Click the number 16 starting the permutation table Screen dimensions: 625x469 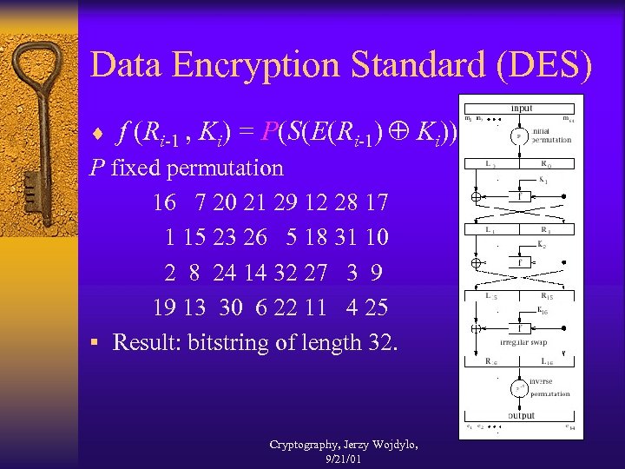[x=163, y=202]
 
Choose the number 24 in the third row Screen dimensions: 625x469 [x=224, y=273]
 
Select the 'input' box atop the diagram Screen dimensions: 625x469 [x=523, y=107]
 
